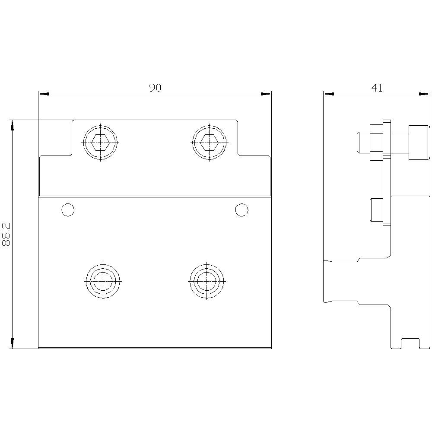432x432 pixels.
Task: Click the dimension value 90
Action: pyautogui.click(x=155, y=88)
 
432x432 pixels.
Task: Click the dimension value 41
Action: pyautogui.click(x=377, y=88)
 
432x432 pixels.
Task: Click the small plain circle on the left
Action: pyautogui.click(x=68, y=210)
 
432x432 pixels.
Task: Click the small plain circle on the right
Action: pyautogui.click(x=241, y=210)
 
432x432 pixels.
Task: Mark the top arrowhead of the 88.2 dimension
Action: pyautogui.click(x=12, y=125)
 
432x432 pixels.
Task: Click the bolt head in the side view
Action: pyautogui.click(x=419, y=142)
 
